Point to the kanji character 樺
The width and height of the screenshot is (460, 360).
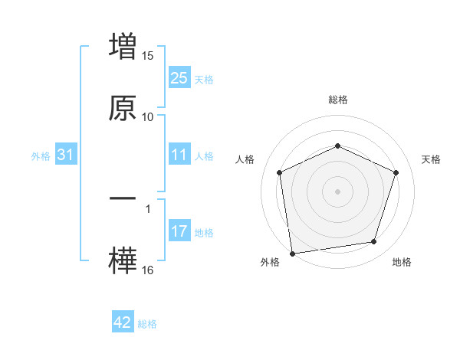pos(123,259)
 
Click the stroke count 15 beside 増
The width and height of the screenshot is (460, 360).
pos(148,56)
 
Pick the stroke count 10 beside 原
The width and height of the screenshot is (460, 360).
pos(148,116)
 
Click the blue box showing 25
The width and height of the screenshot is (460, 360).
pos(179,78)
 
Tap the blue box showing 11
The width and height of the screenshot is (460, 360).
pos(179,155)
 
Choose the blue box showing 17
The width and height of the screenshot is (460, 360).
pos(179,231)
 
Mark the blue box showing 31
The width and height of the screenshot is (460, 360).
pos(66,155)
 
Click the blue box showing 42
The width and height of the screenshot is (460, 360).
pos(123,322)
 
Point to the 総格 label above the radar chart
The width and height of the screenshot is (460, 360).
pos(338,100)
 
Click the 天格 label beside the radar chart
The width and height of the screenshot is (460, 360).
pos(432,159)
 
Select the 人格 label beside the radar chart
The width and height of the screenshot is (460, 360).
pos(245,159)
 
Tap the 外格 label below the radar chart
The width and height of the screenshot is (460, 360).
pos(270,262)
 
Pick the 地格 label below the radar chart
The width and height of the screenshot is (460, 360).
pos(402,262)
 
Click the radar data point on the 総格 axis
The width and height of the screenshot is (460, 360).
pos(337,146)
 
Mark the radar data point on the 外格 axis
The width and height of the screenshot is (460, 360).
pos(292,253)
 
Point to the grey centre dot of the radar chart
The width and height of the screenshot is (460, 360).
pos(337,191)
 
